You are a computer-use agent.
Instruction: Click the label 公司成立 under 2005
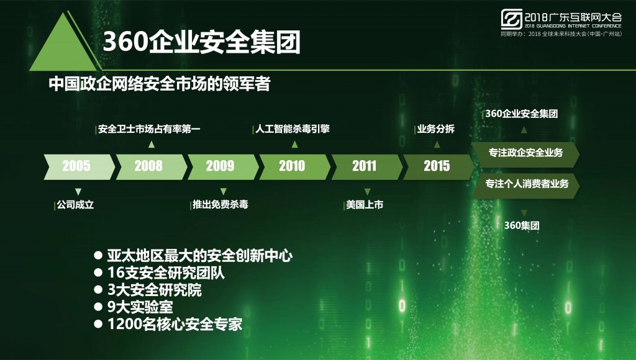(75, 205)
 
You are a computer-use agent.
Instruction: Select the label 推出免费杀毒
(220, 204)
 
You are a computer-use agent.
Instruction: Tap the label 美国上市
(365, 205)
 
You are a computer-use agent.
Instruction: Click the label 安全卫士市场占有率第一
(149, 129)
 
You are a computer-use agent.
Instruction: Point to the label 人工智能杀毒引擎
(293, 129)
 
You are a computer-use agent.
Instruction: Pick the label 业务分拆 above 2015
(435, 129)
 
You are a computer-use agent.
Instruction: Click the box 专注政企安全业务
(525, 153)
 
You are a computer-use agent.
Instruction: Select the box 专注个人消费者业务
(525, 184)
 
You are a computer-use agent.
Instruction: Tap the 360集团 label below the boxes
(522, 225)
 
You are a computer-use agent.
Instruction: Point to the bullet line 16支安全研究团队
(159, 273)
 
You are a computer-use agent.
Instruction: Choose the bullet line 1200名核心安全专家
(168, 324)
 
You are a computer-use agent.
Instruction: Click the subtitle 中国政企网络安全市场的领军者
(160, 84)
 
